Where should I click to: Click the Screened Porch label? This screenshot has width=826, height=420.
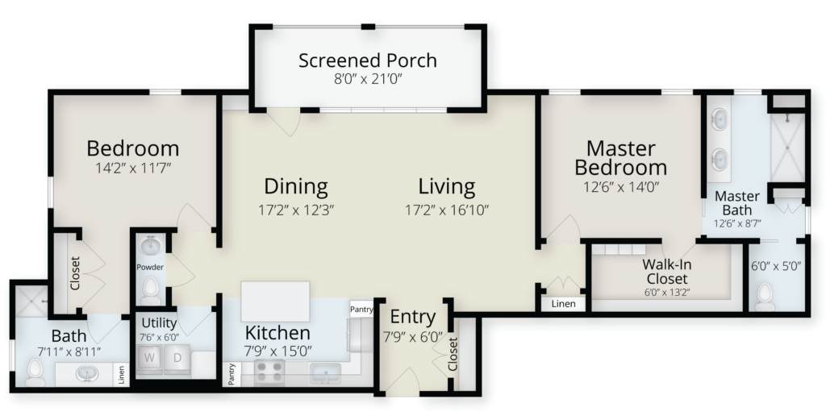tap(368, 61)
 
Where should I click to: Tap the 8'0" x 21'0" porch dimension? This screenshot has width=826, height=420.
tap(368, 80)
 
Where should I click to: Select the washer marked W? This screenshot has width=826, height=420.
tap(149, 359)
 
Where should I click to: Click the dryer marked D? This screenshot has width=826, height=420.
tap(177, 359)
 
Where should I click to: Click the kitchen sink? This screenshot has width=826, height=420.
tap(324, 373)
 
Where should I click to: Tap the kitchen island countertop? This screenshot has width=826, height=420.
tap(275, 301)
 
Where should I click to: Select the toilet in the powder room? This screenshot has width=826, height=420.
tap(151, 290)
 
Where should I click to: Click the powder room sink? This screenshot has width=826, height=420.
tap(151, 245)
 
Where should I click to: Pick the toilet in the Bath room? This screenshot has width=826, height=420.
tap(35, 372)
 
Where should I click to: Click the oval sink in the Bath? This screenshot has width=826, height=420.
tap(87, 373)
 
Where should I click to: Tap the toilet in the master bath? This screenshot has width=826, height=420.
tap(765, 297)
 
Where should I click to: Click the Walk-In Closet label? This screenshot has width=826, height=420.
tap(667, 271)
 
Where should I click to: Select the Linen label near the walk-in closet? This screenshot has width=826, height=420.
tap(564, 304)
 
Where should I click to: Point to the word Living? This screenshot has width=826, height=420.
tap(447, 186)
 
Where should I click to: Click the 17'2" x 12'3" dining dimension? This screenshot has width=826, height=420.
tap(296, 210)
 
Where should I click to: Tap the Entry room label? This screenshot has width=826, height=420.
tap(413, 318)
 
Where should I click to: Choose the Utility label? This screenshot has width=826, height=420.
tap(159, 322)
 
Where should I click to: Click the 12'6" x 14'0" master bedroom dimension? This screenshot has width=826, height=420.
tap(621, 187)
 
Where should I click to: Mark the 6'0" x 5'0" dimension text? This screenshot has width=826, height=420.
tap(776, 266)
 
